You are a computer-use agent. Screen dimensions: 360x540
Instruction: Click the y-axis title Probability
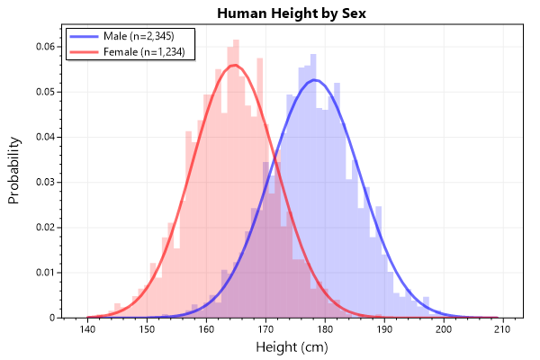click(15, 169)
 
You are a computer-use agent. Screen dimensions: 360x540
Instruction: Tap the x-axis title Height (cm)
click(290, 346)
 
